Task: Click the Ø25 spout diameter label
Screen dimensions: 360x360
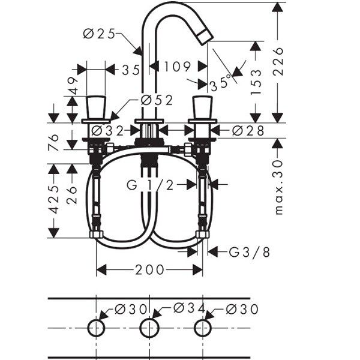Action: (99, 34)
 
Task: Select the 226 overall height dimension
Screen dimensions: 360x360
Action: (278, 62)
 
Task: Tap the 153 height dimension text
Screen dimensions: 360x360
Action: (256, 82)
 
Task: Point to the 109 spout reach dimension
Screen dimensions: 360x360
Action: (177, 67)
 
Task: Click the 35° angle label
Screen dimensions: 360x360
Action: (220, 83)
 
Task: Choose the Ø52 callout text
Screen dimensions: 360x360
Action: (157, 100)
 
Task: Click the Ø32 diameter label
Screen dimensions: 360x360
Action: (107, 131)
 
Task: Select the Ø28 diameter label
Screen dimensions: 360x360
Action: (248, 131)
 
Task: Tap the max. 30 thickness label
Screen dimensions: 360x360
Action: (278, 187)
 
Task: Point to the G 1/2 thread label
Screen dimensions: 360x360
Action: (150, 185)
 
